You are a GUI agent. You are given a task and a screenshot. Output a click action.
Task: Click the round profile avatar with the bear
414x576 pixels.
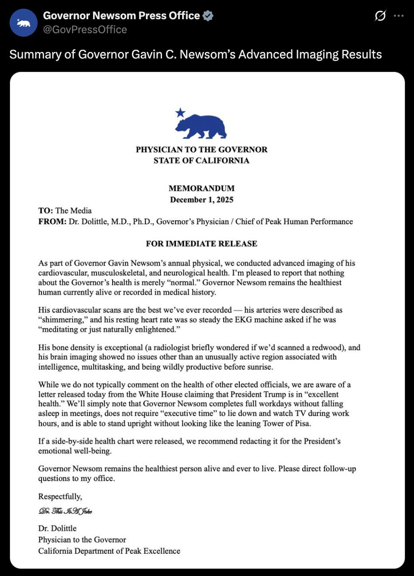pyautogui.click(x=24, y=23)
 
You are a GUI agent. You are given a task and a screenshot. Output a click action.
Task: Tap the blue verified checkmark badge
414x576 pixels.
pyautogui.click(x=208, y=16)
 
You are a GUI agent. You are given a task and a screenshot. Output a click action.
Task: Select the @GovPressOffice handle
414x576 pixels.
pyautogui.click(x=85, y=30)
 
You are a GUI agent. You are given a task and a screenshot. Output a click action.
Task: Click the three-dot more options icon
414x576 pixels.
pyautogui.click(x=399, y=16)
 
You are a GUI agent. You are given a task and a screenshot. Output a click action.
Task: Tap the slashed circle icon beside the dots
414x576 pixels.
pyautogui.click(x=380, y=16)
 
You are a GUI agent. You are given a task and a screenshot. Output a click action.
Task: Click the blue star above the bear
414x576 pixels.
pyautogui.click(x=180, y=113)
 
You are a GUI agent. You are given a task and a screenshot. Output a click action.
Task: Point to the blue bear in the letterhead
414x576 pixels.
pyautogui.click(x=201, y=127)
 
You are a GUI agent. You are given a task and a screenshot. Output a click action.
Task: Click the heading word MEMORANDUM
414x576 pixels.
pyautogui.click(x=201, y=189)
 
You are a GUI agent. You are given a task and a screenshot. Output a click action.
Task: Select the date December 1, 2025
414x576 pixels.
pyautogui.click(x=201, y=200)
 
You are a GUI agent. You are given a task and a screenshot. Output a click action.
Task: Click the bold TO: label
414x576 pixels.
pyautogui.click(x=45, y=211)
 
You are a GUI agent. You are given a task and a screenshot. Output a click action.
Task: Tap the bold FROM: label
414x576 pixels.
pyautogui.click(x=52, y=222)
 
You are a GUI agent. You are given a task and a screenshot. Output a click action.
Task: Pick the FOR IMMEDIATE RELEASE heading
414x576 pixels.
pyautogui.click(x=201, y=243)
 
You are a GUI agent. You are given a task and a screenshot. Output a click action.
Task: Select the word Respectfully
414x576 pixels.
pyautogui.click(x=60, y=497)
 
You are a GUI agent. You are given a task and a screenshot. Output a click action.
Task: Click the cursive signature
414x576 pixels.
pyautogui.click(x=65, y=511)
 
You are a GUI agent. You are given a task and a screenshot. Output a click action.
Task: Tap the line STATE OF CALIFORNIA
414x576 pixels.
pyautogui.click(x=201, y=161)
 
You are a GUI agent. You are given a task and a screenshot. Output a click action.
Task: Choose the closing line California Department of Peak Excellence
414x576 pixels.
pyautogui.click(x=109, y=551)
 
